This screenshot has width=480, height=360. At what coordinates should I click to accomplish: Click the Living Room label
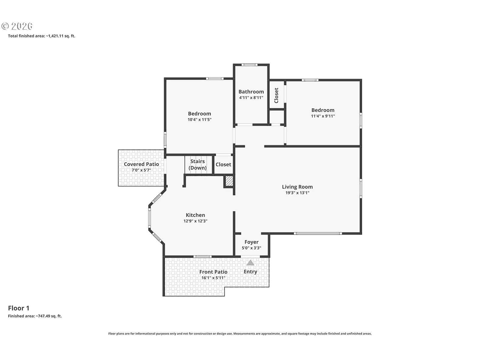[x=297, y=187]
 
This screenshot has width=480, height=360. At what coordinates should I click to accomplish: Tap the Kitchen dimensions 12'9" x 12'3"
[x=195, y=221]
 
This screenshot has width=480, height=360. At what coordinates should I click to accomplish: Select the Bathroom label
[x=251, y=91]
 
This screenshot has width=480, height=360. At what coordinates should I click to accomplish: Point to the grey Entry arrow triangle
[x=250, y=262]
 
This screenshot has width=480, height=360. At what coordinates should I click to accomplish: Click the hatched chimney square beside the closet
[x=229, y=181]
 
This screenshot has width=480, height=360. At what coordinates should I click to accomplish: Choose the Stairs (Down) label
[x=197, y=164]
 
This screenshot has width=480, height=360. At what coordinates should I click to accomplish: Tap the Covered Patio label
[x=141, y=164]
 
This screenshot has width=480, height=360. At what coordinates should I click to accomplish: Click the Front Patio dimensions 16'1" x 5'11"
[x=213, y=278]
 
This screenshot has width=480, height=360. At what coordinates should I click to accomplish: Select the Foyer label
[x=251, y=242]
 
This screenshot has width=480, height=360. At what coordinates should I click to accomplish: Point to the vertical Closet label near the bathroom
[x=276, y=95]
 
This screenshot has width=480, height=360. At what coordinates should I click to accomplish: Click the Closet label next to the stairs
[x=223, y=164]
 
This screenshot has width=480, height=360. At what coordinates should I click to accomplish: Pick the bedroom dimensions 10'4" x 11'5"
[x=199, y=120]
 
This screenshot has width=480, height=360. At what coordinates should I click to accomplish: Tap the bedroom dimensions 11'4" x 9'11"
[x=323, y=116]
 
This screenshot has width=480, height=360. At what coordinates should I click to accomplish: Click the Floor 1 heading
[x=19, y=308]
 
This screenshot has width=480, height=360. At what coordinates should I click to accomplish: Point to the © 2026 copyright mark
[x=17, y=26]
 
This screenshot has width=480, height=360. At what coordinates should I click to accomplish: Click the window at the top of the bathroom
[x=249, y=65]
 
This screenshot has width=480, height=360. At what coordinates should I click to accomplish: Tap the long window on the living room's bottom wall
[x=318, y=233]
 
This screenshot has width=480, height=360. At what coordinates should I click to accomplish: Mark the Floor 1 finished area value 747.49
[x=44, y=316]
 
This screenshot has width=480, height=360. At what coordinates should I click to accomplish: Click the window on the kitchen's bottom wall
[x=202, y=256]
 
